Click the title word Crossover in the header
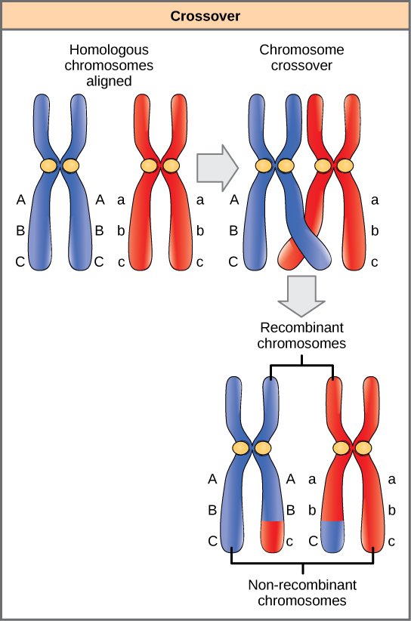pos(205,14)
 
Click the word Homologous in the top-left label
pos(106,49)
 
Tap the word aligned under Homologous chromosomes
pos(106,79)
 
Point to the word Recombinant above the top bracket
pos(301,329)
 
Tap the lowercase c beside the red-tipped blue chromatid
pos(289,542)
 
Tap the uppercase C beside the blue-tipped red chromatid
pos(312,542)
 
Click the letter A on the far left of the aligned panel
pos(20,200)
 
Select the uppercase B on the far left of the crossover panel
pos(233,231)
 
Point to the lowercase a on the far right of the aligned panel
pos(199,200)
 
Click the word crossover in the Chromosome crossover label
pos(302,64)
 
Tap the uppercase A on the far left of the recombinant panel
pos(212,478)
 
